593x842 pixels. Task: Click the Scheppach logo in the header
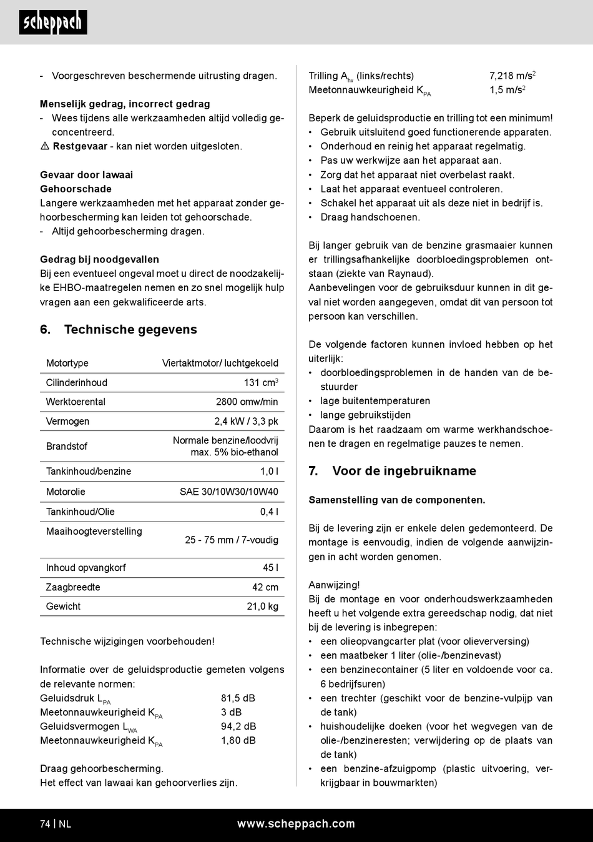click(53, 22)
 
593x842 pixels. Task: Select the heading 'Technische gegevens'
click(130, 330)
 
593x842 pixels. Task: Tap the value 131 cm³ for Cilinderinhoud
click(260, 383)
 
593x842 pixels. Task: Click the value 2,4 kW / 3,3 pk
click(246, 422)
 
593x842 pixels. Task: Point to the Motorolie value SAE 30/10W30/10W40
click(228, 492)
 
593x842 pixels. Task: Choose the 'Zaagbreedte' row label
click(73, 587)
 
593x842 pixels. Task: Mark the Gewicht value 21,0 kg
click(262, 607)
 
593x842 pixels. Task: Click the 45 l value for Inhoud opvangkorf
click(270, 568)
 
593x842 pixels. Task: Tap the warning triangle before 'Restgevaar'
click(45, 146)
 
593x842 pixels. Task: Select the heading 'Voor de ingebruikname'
click(404, 471)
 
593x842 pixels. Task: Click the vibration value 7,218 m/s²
click(512, 76)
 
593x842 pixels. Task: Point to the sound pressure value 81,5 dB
click(238, 698)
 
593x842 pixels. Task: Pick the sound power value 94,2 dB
click(238, 726)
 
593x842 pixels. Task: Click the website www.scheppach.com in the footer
click(296, 824)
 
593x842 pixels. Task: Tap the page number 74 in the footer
click(45, 825)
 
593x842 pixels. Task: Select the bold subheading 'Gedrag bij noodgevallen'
click(99, 260)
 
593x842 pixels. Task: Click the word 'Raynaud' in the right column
click(410, 274)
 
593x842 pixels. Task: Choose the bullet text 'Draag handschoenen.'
click(370, 217)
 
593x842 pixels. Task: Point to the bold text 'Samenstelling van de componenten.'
click(396, 500)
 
